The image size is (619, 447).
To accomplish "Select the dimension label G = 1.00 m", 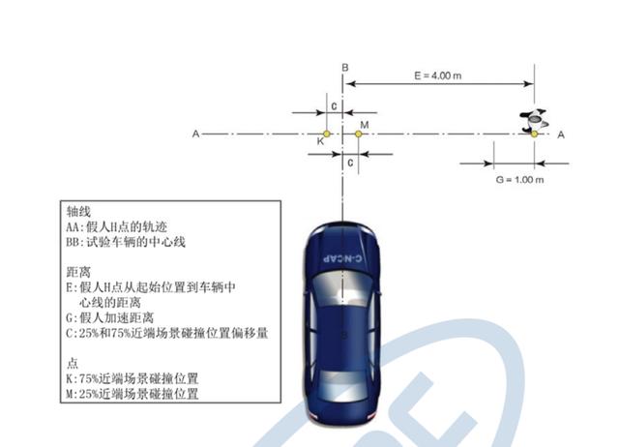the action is [x=519, y=180].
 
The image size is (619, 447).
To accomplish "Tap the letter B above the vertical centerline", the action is [x=344, y=66].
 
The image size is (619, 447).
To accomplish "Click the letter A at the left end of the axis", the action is [x=195, y=134].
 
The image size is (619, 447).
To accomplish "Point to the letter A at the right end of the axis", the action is [x=561, y=134].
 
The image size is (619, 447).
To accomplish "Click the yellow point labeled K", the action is [x=327, y=134].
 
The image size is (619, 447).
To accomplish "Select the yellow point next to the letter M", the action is [x=358, y=134].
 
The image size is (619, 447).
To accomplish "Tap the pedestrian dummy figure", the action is [x=533, y=122].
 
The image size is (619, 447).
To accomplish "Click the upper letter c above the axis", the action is [x=333, y=104].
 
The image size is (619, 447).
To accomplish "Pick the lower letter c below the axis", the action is [x=350, y=163].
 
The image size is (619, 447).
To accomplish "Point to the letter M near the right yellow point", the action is [x=364, y=125].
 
